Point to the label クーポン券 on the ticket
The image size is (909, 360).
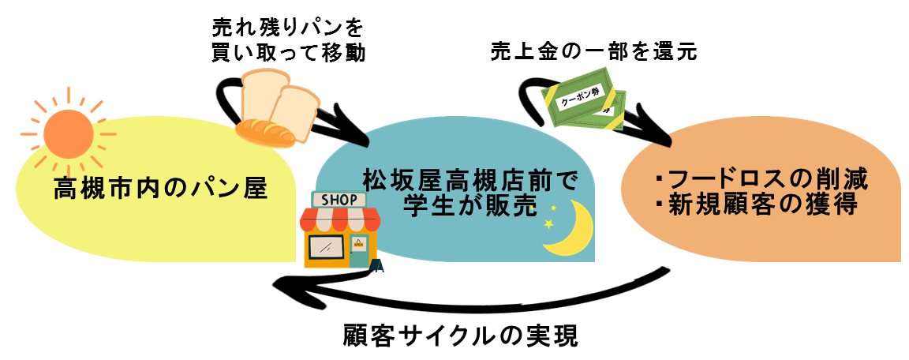tap(580, 100)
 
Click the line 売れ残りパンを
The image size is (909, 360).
tap(288, 28)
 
